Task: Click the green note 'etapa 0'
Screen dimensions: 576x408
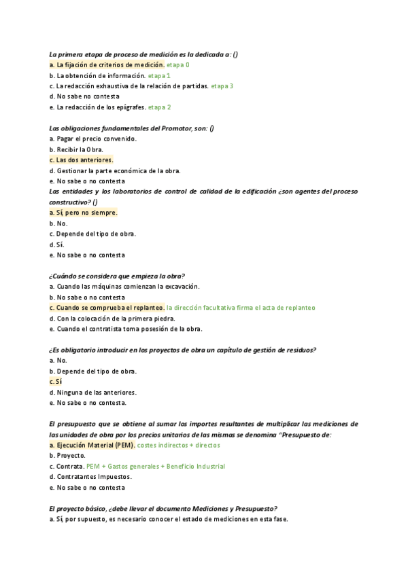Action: (x=178, y=65)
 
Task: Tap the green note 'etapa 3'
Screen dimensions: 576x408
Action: (x=222, y=86)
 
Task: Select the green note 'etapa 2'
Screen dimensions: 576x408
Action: (x=160, y=107)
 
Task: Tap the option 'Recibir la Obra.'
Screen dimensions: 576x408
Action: (x=77, y=149)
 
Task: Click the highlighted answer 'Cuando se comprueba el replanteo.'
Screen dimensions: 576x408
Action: (x=107, y=308)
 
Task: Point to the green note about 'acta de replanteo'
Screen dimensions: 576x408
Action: (x=241, y=308)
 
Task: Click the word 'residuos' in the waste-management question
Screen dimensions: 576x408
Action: (x=300, y=350)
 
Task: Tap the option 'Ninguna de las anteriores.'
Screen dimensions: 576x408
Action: (x=93, y=392)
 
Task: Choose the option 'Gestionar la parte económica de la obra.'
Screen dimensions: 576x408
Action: (x=115, y=170)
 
